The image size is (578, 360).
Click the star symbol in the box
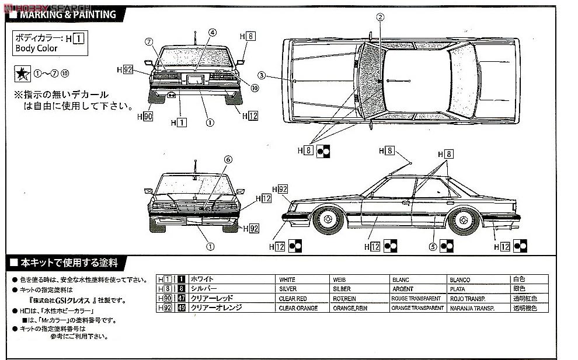pos(22,74)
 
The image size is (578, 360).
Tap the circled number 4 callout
pos(212,33)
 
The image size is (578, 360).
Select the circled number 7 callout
pos(149,41)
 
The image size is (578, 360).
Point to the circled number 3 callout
pos(262,75)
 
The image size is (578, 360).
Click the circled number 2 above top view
pos(380,18)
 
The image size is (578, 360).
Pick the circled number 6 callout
pos(228,159)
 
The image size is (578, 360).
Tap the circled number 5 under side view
pos(433,246)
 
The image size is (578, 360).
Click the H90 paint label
pos(145,117)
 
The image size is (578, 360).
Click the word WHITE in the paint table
pos(287,279)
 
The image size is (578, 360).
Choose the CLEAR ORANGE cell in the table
pos(298,307)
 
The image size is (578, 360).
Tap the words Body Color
pos(36,48)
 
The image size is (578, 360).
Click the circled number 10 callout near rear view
pos(255,88)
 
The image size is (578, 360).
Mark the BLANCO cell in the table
pos(460,279)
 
